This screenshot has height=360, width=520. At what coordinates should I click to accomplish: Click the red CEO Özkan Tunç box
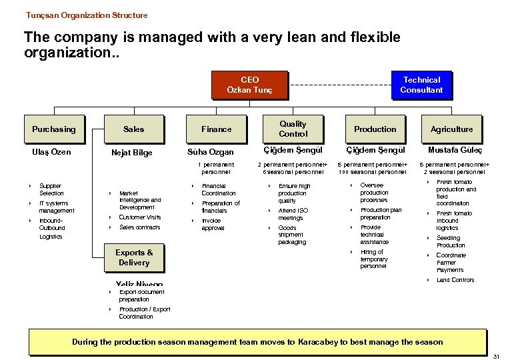point(249,85)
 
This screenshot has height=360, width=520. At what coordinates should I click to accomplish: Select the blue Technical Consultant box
point(421,85)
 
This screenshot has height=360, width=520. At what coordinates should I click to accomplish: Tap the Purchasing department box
point(54,129)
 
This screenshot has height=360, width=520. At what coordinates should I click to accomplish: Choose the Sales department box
point(133,129)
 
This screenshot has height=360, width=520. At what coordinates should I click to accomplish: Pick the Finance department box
point(217,129)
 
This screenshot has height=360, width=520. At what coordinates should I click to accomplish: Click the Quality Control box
point(293,129)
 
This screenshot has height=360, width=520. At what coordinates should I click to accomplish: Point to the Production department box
point(375,129)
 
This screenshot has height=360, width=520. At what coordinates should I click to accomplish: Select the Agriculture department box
point(452,129)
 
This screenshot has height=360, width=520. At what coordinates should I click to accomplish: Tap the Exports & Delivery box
point(134,257)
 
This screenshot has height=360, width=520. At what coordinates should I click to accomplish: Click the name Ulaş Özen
point(51,152)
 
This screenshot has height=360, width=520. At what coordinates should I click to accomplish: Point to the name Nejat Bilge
point(132,153)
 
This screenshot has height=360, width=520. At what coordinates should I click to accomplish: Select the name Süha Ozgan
point(211,153)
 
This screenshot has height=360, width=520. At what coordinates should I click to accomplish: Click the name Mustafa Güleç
point(455,151)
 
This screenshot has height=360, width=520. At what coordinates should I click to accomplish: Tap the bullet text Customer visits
point(140,217)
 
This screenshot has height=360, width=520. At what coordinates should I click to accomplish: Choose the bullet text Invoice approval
point(213,224)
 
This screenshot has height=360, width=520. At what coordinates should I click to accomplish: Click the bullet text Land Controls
point(455,280)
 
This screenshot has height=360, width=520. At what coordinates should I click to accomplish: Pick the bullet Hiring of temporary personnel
point(374,259)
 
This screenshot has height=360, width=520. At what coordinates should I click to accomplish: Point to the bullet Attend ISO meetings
point(291,214)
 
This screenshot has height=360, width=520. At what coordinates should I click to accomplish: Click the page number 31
point(496,356)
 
